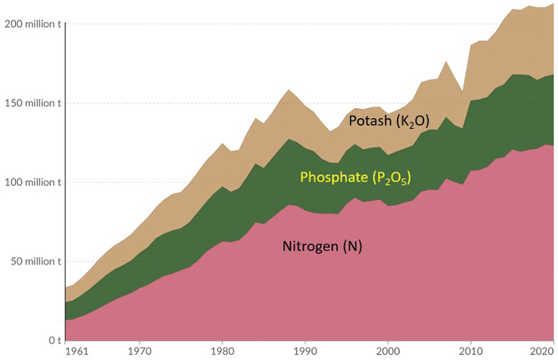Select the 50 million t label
pyautogui.click(x=32, y=261)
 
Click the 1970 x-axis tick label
pyautogui.click(x=141, y=352)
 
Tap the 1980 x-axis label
pyautogui.click(x=223, y=352)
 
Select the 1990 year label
pyautogui.click(x=305, y=352)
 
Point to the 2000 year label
pyautogui.click(x=387, y=352)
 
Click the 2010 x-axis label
pyautogui.click(x=468, y=352)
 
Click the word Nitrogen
pyautogui.click(x=309, y=247)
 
